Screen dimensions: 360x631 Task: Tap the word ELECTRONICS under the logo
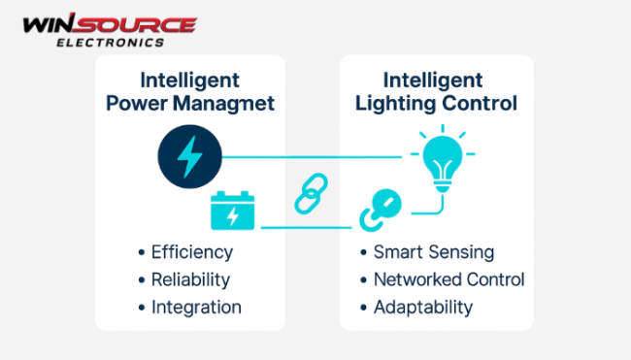pos(123,42)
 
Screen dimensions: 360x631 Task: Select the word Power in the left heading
pos(134,102)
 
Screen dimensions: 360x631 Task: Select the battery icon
pos(232,212)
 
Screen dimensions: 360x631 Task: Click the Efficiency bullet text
pos(192,252)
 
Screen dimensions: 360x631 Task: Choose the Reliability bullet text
pos(190,279)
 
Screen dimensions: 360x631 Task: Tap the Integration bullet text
pos(196,308)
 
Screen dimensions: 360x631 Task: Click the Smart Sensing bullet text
pos(434,252)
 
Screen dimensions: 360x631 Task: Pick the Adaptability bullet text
pos(423,308)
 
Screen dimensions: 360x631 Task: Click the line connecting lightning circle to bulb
pos(311,155)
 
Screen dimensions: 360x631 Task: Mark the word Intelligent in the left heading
pos(189,80)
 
